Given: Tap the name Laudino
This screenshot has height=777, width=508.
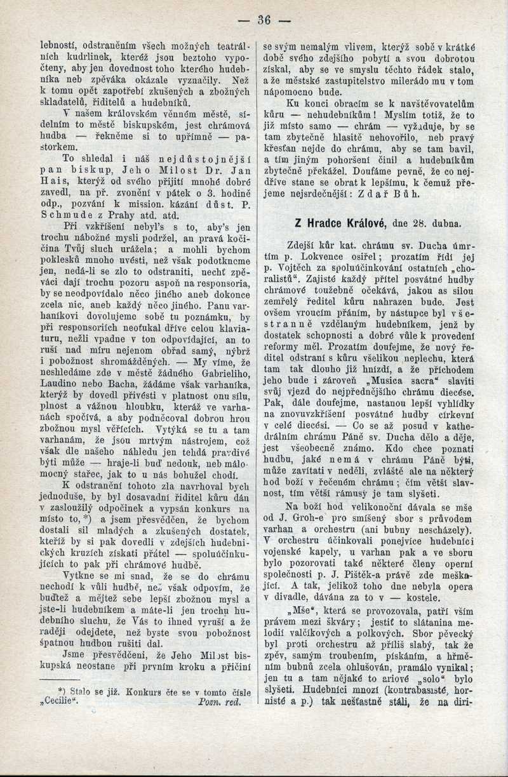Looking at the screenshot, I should [x=61, y=384].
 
